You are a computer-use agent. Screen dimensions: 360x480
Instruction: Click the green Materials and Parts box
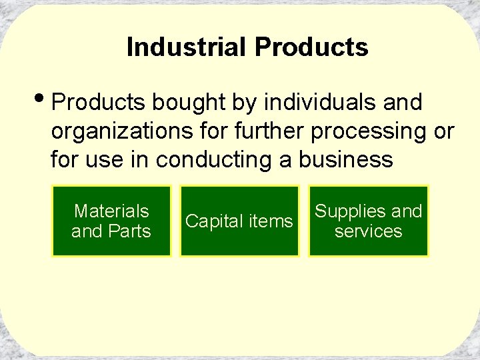pyautogui.click(x=111, y=221)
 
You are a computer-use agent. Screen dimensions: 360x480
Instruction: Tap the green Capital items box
pyautogui.click(x=239, y=221)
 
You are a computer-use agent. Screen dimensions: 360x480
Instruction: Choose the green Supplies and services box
pyautogui.click(x=368, y=221)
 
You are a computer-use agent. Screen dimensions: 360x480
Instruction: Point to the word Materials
pyautogui.click(x=111, y=211)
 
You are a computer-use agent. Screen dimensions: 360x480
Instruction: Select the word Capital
pyautogui.click(x=215, y=221)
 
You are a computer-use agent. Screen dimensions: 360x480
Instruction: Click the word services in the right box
pyautogui.click(x=368, y=231)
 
